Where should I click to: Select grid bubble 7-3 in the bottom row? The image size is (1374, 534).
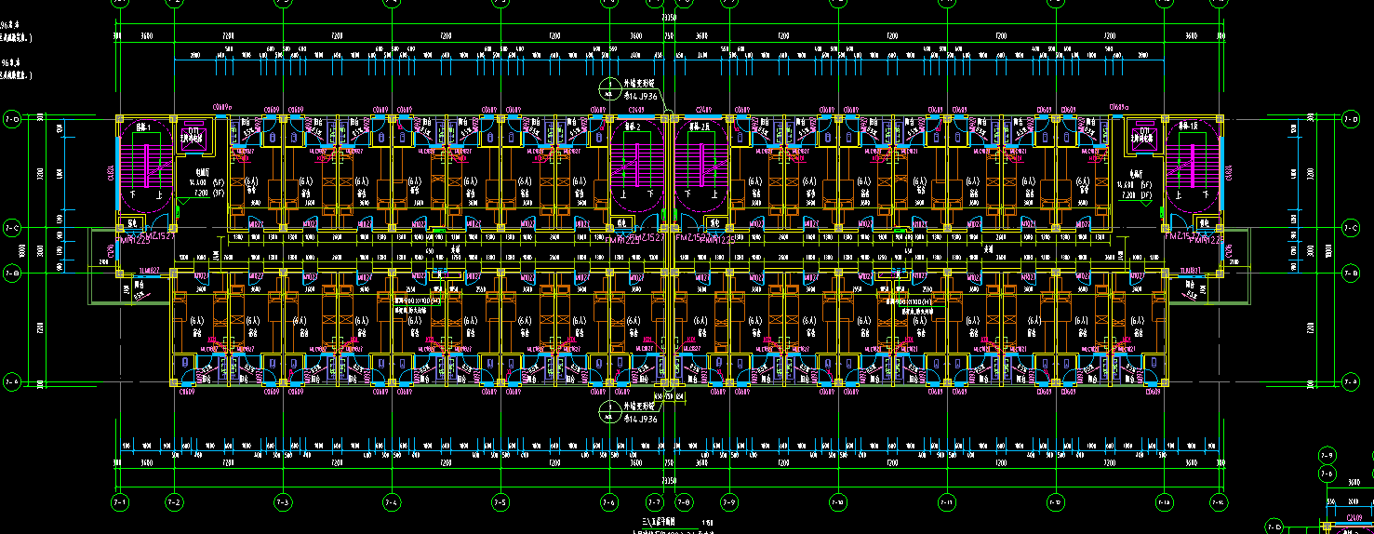[x=283, y=502]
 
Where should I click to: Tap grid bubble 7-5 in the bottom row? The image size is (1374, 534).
[x=500, y=502]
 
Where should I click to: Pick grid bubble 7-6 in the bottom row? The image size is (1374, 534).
[x=609, y=502]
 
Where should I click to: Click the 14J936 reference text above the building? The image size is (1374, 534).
[x=640, y=96]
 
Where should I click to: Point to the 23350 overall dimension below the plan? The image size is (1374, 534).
[x=669, y=480]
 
